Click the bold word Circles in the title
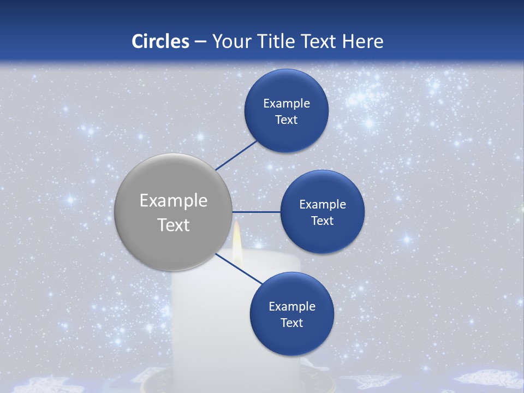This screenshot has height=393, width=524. click(x=160, y=41)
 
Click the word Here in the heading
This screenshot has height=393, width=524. click(x=363, y=41)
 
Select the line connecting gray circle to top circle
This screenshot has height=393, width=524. click(x=236, y=154)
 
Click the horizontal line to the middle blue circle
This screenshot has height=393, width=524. click(x=257, y=212)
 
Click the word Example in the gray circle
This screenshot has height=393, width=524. click(x=174, y=201)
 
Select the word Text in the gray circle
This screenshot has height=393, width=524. click(x=174, y=225)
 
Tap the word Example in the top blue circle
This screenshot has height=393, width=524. click(x=287, y=103)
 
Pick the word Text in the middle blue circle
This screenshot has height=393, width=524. click(x=322, y=221)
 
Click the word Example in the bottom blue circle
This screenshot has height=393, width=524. click(x=292, y=306)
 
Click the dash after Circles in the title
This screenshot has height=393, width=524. click(x=200, y=41)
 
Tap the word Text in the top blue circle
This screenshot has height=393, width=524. click(x=287, y=120)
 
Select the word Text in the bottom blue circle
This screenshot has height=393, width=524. click(x=292, y=323)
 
